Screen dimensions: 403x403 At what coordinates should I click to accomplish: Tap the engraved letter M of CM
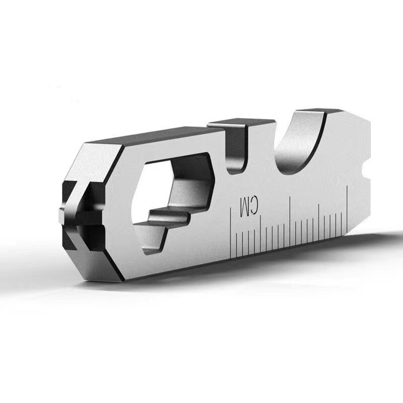click(244, 207)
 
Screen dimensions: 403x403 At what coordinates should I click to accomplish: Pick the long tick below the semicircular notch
click(290, 221)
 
